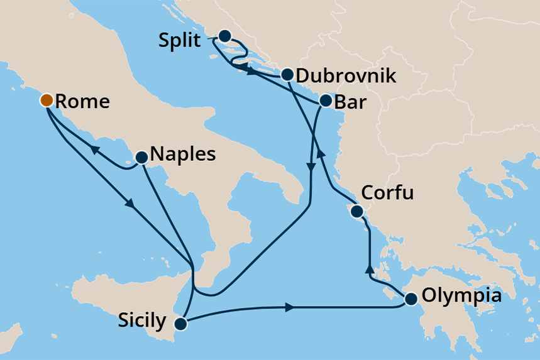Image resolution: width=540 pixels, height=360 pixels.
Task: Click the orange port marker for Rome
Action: click(47, 100)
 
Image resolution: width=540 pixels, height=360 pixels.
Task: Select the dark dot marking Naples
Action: click(141, 156)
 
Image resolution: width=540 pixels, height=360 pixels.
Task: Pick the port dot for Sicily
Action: click(181, 324)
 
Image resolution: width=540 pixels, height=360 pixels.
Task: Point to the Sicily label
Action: click(142, 321)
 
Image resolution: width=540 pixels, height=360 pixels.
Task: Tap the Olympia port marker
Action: click(411, 299)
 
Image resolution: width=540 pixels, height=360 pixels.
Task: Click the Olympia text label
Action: click(462, 295)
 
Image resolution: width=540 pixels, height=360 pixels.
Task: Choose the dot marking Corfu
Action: click(356, 211)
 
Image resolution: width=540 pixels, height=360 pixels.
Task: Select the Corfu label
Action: click(388, 192)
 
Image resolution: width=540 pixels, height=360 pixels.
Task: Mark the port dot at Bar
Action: click(326, 100)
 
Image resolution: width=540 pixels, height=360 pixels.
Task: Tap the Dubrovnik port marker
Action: click(287, 74)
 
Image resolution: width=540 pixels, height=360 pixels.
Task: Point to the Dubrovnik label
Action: click(346, 76)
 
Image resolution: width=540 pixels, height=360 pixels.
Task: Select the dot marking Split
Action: click(224, 36)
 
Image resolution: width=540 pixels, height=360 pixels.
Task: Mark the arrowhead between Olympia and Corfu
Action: click(369, 270)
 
